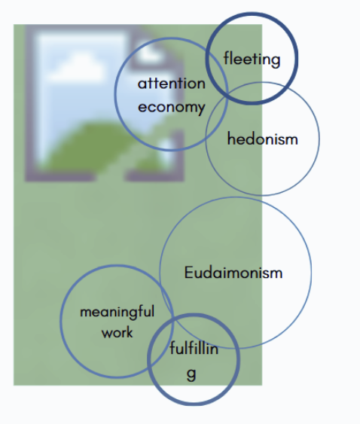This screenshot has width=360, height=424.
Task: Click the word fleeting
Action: pos(252,59)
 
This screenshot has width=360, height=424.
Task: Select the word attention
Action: pos(172,84)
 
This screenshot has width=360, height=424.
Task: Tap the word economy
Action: pos(172,108)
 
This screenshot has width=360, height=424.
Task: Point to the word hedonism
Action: pos(262,139)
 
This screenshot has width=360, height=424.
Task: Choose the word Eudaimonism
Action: pos(233,273)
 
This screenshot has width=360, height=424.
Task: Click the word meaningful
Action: pos(117,312)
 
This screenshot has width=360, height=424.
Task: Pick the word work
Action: pos(117,332)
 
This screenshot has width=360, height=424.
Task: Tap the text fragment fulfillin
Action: pos(194,348)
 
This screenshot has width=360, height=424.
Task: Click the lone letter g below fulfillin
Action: pos(191,374)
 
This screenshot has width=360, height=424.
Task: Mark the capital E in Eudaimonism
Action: pos(188,273)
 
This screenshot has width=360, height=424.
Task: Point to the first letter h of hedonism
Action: pos(230,139)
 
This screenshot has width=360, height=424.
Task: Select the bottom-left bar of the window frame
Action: pos(60,176)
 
